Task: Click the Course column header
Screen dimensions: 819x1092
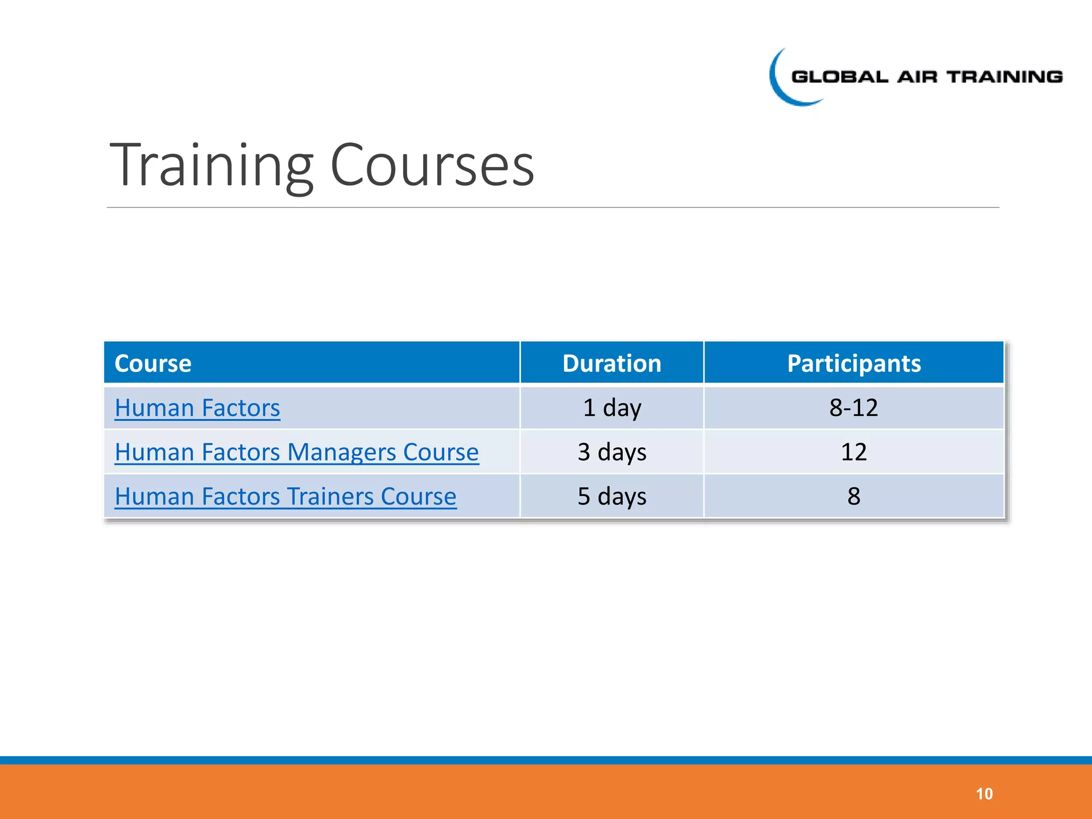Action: (x=153, y=364)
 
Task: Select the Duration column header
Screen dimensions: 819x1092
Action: (x=612, y=364)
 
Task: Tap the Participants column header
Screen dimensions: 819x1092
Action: (x=854, y=364)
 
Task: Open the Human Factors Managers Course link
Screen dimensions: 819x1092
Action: (x=296, y=452)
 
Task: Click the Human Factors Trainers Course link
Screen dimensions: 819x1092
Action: (x=285, y=496)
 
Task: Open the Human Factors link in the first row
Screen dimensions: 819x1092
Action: (x=197, y=408)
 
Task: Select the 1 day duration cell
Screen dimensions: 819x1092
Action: (x=612, y=408)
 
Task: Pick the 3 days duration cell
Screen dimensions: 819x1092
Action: (x=612, y=452)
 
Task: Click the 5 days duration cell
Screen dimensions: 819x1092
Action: (x=612, y=496)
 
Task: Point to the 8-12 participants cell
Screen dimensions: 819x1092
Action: (x=854, y=408)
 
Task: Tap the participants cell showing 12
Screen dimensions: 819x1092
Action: (x=854, y=452)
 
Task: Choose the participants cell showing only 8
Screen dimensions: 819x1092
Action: (x=854, y=496)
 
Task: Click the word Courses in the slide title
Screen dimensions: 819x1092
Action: (x=432, y=165)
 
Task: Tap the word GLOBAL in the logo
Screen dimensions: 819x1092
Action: (x=840, y=77)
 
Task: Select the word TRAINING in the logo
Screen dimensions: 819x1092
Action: (x=1005, y=77)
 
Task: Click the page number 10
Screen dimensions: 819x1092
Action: (x=984, y=794)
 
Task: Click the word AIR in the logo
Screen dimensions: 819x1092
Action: (x=917, y=77)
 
